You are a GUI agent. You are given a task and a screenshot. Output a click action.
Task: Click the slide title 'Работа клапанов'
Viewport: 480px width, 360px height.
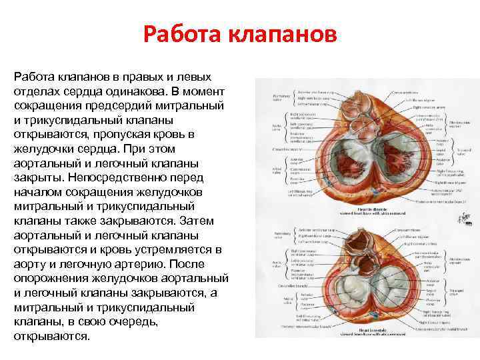tap(240, 34)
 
